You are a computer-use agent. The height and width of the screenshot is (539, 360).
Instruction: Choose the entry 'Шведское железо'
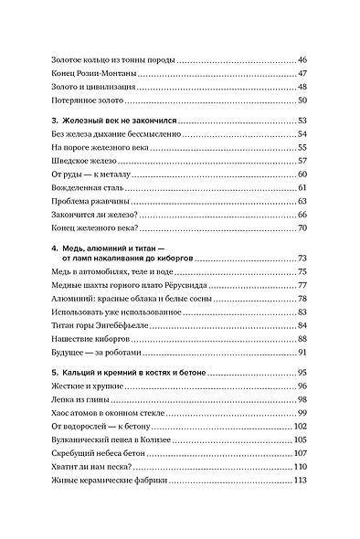click(87, 159)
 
